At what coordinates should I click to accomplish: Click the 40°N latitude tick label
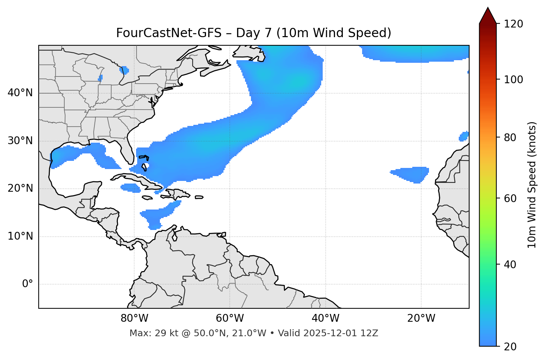tap(20, 93)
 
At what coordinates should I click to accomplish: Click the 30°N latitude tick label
tap(20, 141)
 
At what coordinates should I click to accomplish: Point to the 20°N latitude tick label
tap(20, 188)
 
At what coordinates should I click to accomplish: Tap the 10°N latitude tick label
tap(20, 236)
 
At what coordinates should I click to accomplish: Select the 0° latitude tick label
tap(27, 284)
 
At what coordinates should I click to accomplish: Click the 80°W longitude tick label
tap(134, 318)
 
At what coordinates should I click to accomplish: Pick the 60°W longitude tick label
tap(230, 318)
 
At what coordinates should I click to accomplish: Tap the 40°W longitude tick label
tap(325, 318)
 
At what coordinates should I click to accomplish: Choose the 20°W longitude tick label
tap(421, 318)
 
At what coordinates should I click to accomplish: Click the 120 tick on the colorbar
tap(513, 24)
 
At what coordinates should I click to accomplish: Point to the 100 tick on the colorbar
tap(513, 80)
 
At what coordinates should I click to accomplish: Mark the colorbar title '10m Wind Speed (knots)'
tap(532, 185)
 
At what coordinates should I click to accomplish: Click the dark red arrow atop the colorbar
tap(488, 16)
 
